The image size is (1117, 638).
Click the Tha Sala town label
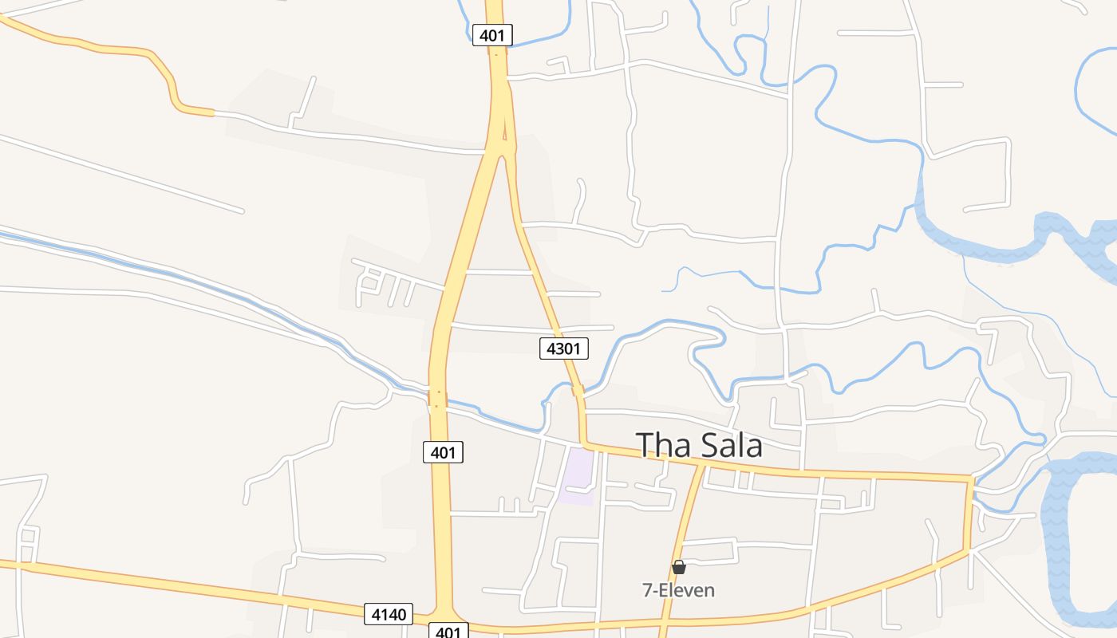pos(698,445)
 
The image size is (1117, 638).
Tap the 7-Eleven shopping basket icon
pos(679,567)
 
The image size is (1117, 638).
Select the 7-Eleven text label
pos(679,590)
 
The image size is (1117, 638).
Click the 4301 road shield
pos(564,349)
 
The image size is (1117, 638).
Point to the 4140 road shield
pos(389,614)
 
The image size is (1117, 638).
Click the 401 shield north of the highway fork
pos(492,35)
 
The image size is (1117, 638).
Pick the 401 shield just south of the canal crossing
pos(443,453)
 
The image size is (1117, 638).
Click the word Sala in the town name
pos(729,445)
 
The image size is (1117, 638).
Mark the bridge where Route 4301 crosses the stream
pos(578,390)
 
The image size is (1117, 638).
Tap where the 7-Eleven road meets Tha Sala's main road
pos(703,463)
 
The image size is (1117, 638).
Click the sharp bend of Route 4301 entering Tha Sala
pos(585,443)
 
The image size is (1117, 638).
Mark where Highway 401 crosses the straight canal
pos(437,397)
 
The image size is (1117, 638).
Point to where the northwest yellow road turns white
pos(213,113)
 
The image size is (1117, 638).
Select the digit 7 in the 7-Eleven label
pos(647,590)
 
